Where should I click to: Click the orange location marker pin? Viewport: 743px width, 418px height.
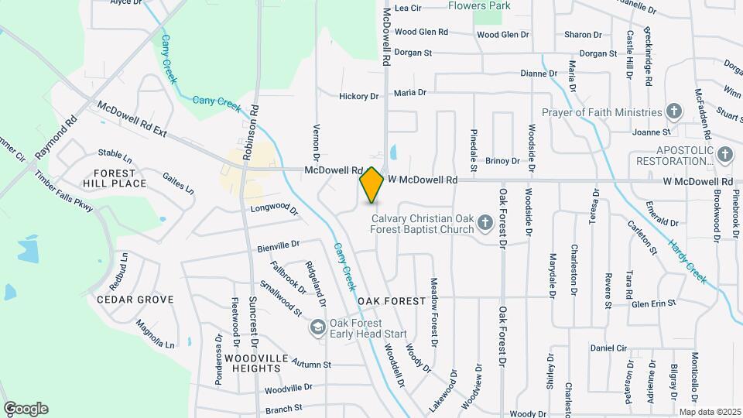371,185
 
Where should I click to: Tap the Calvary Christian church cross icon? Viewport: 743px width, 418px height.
485,224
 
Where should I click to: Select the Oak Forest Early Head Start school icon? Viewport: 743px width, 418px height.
317,328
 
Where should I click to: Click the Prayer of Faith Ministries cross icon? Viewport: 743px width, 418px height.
673,112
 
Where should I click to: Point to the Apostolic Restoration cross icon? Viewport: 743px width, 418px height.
725,155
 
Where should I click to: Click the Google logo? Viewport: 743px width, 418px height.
26,409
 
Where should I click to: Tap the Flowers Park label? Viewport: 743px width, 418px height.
480,5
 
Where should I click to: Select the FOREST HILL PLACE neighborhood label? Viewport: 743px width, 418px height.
120,178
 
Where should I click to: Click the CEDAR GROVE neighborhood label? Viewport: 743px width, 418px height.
135,299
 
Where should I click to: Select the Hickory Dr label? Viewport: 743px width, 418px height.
359,97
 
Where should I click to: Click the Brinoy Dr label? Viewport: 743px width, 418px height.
503,161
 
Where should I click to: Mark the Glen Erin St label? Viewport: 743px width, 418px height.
654,303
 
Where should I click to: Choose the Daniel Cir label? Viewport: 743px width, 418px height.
608,348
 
